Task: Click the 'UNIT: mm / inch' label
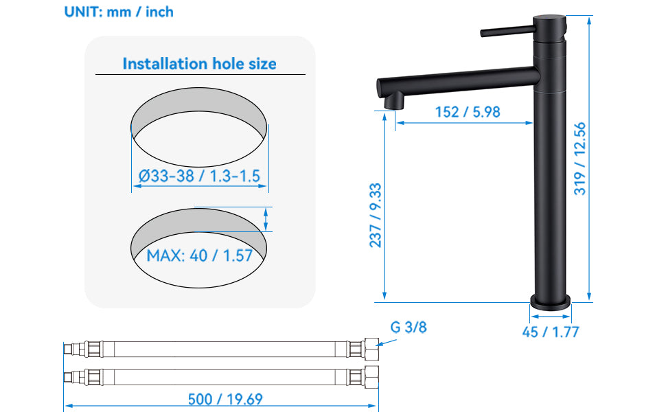coord(119,12)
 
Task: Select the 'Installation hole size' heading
coord(200,64)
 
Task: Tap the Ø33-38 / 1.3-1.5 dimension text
coord(199,176)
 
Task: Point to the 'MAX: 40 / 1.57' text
coord(200,255)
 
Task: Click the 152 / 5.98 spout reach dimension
coord(468,112)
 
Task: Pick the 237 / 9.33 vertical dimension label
coord(376,216)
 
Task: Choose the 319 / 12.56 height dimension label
coord(579,159)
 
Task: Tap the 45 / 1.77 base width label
coord(551,332)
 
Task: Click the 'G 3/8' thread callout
coord(408,327)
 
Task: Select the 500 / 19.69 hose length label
coord(225,399)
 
